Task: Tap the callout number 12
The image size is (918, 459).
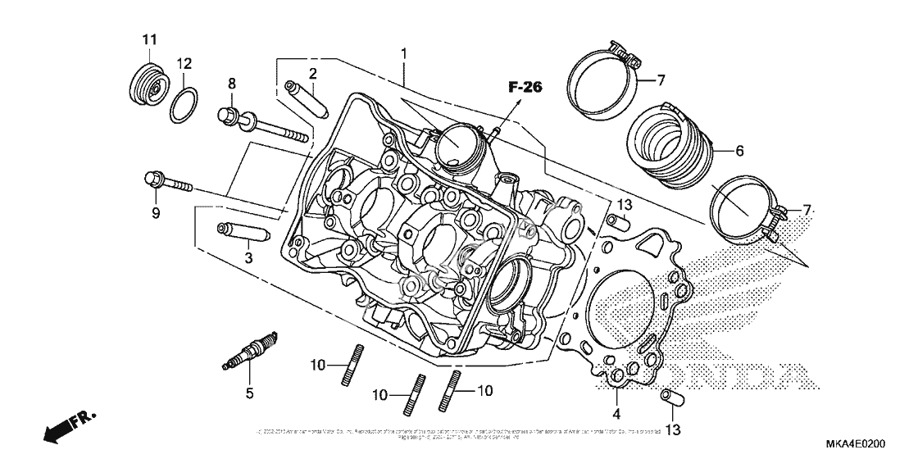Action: click(184, 63)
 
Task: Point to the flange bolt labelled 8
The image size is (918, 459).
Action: click(262, 125)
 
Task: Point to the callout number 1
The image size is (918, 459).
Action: click(404, 55)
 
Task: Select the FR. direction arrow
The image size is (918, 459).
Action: click(67, 428)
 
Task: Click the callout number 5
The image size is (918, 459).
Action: click(250, 393)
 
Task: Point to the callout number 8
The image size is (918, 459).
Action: click(231, 84)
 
